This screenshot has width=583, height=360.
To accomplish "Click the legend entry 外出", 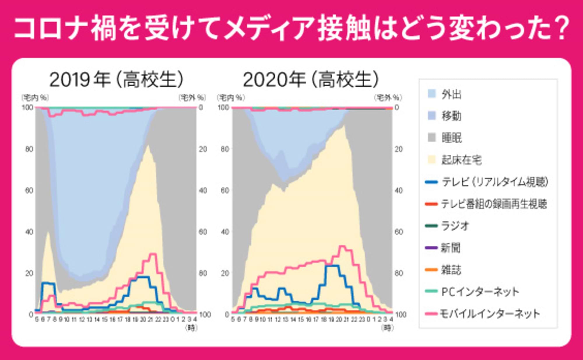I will coord(451,94).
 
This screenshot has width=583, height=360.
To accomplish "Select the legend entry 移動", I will coord(451,116).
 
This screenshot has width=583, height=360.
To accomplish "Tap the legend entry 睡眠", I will coord(451,138).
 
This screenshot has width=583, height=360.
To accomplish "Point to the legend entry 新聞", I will coord(451,248).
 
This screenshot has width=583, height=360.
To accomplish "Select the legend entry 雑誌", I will coord(451,270).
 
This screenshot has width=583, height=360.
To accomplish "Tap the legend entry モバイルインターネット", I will coord(489,314).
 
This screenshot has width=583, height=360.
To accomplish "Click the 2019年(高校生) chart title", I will coord(117,79).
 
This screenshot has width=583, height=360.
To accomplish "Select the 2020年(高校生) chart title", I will coord(311,79).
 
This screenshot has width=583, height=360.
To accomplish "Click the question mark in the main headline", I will coord(562,29).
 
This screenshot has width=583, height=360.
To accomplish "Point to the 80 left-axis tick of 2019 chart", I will coord(29,149).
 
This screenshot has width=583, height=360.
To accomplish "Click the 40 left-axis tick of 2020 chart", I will coord(225,232).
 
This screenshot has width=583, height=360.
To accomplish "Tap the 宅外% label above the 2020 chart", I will coord(388,97).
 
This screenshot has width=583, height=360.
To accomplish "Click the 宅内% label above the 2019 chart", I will coord(35,97).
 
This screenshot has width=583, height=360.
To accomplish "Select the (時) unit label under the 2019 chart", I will coord(191,328).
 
